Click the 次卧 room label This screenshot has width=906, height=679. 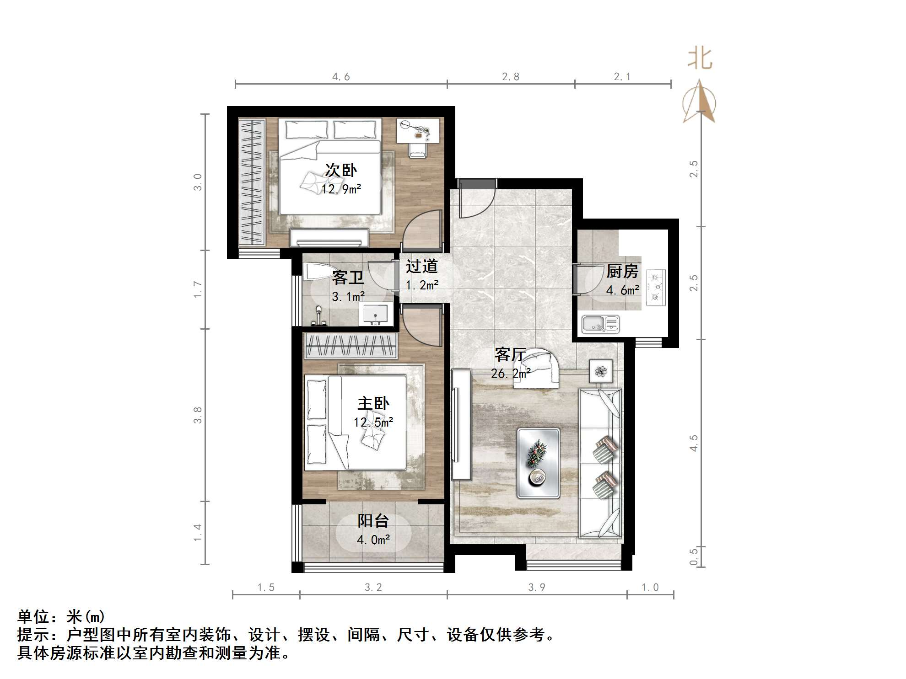(341, 170)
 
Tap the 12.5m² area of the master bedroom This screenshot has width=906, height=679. (373, 422)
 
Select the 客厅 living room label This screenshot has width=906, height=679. (510, 354)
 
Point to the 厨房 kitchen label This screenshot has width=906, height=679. (622, 272)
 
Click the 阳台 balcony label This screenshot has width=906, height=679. (373, 521)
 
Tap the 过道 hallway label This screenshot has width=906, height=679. (421, 266)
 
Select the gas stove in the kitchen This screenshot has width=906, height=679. (656, 288)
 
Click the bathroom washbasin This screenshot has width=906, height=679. (375, 315)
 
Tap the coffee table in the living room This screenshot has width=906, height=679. (538, 463)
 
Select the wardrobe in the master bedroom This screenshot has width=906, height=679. (351, 346)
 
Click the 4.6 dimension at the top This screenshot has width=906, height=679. (341, 77)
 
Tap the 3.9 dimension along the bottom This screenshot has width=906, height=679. (536, 588)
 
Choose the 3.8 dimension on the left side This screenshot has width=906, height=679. (198, 415)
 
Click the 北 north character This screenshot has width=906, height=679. (700, 59)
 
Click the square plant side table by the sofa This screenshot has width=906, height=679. (601, 371)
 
